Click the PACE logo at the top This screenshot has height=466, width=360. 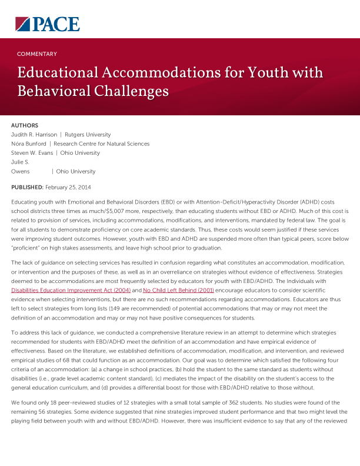(47, 24)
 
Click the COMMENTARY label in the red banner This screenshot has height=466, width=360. (37, 54)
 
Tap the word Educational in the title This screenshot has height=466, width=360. (58, 73)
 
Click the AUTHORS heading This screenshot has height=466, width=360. (25, 125)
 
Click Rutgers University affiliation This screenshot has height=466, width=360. (88, 135)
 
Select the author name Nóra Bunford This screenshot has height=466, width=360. (29, 144)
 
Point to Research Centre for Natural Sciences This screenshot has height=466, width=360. (101, 144)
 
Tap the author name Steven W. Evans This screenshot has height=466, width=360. (32, 153)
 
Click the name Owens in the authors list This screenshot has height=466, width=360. (21, 171)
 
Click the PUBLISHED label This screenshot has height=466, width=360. (27, 187)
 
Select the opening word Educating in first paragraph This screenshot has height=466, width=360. (24, 201)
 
